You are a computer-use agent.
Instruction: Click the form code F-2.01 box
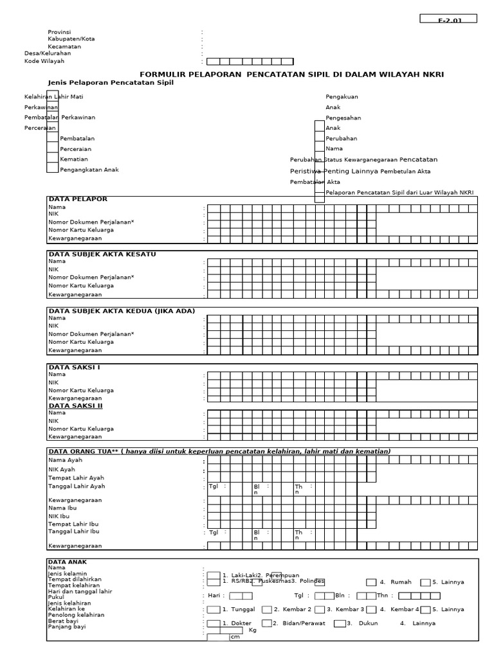(448, 19)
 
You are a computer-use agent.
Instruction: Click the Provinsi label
(59, 31)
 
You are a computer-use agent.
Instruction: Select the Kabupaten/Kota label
(71, 39)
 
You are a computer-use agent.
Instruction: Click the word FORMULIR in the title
(162, 75)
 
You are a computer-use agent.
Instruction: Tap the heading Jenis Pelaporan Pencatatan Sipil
(111, 83)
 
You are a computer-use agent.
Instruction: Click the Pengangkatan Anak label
(89, 170)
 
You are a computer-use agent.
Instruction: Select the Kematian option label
(74, 159)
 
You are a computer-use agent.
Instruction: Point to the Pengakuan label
(342, 96)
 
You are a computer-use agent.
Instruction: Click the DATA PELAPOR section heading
(78, 199)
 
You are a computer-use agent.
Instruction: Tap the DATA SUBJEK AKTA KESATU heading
(102, 254)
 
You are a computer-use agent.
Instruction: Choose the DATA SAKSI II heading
(75, 405)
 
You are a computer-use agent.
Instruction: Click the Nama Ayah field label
(65, 460)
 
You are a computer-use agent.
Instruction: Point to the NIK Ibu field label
(60, 516)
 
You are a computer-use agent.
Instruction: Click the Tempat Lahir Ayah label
(76, 477)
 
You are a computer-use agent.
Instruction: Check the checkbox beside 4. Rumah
(371, 582)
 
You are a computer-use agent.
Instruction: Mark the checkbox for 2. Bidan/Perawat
(265, 623)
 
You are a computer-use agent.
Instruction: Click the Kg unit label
(252, 630)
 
